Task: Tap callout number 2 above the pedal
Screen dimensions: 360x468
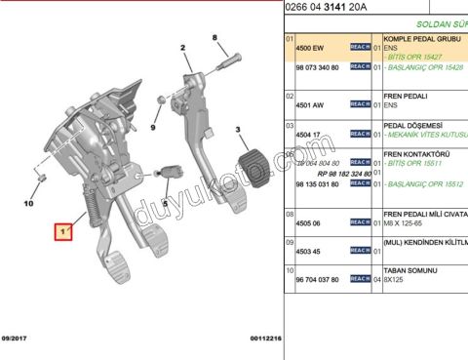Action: pos(182,48)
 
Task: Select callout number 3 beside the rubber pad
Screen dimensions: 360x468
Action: pos(237,129)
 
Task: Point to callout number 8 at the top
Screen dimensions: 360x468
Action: pos(215,37)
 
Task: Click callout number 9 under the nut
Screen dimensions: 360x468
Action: pos(154,128)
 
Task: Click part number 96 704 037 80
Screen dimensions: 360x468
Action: pos(317,280)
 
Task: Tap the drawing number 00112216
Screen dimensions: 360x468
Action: pos(265,339)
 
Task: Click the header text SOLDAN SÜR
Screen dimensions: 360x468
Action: pos(441,21)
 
